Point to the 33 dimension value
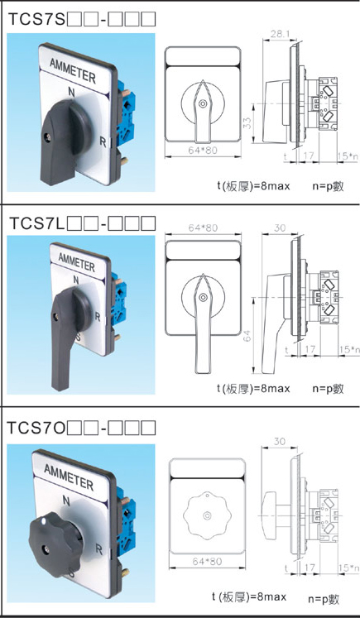point(247,123)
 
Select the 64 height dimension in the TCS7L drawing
point(247,336)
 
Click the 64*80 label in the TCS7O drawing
point(208,561)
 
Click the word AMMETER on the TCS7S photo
point(73,70)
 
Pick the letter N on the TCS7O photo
point(66,501)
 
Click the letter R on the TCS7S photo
point(103,142)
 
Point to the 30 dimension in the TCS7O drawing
point(280,442)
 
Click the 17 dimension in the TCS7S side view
point(309,156)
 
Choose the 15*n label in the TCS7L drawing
point(349,349)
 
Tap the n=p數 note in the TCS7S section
point(328,186)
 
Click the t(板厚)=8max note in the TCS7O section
point(248,596)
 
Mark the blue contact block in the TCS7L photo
point(118,299)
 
